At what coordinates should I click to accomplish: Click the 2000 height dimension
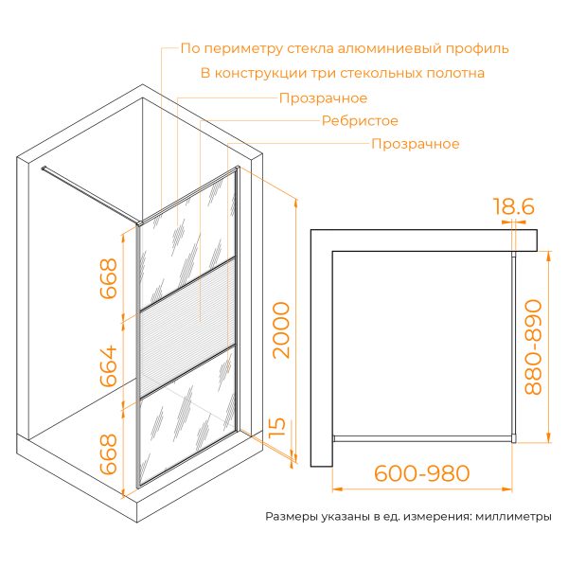(x=281, y=330)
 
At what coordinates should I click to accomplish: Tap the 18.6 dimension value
(x=514, y=206)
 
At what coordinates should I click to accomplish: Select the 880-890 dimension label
(x=533, y=347)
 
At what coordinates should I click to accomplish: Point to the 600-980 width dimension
(x=421, y=473)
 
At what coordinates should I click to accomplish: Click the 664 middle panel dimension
(x=109, y=366)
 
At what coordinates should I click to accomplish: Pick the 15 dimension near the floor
(x=277, y=428)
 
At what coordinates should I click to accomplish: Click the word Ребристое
(x=360, y=120)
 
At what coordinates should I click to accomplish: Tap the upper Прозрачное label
(x=323, y=98)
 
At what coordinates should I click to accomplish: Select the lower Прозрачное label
(x=416, y=144)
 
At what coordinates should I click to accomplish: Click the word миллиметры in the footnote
(x=514, y=517)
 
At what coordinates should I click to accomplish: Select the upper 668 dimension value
(x=109, y=278)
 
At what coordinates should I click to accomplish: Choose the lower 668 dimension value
(x=109, y=454)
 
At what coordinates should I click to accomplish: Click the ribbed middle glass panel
(x=187, y=328)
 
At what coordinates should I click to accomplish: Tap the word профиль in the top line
(x=477, y=49)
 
